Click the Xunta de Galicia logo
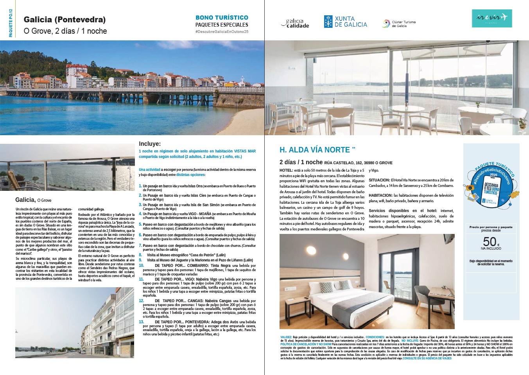tap(345, 22)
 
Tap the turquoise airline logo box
tap(491, 18)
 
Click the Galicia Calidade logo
tap(295, 24)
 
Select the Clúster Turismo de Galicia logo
tap(399, 24)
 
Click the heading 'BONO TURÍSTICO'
tap(222, 18)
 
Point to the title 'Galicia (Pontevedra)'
tap(65, 20)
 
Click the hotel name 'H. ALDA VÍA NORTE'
tap(315, 150)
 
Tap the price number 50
tap(490, 241)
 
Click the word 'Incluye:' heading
tap(150, 144)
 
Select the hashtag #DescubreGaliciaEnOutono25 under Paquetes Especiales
tap(222, 31)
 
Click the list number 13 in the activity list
tap(142, 322)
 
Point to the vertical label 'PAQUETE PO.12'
tap(11, 24)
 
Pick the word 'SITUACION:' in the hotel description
tap(379, 180)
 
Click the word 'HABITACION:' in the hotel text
tap(380, 195)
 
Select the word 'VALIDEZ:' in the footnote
tap(286, 337)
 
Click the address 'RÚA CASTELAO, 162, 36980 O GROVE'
tap(358, 163)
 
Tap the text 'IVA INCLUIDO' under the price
tap(491, 248)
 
